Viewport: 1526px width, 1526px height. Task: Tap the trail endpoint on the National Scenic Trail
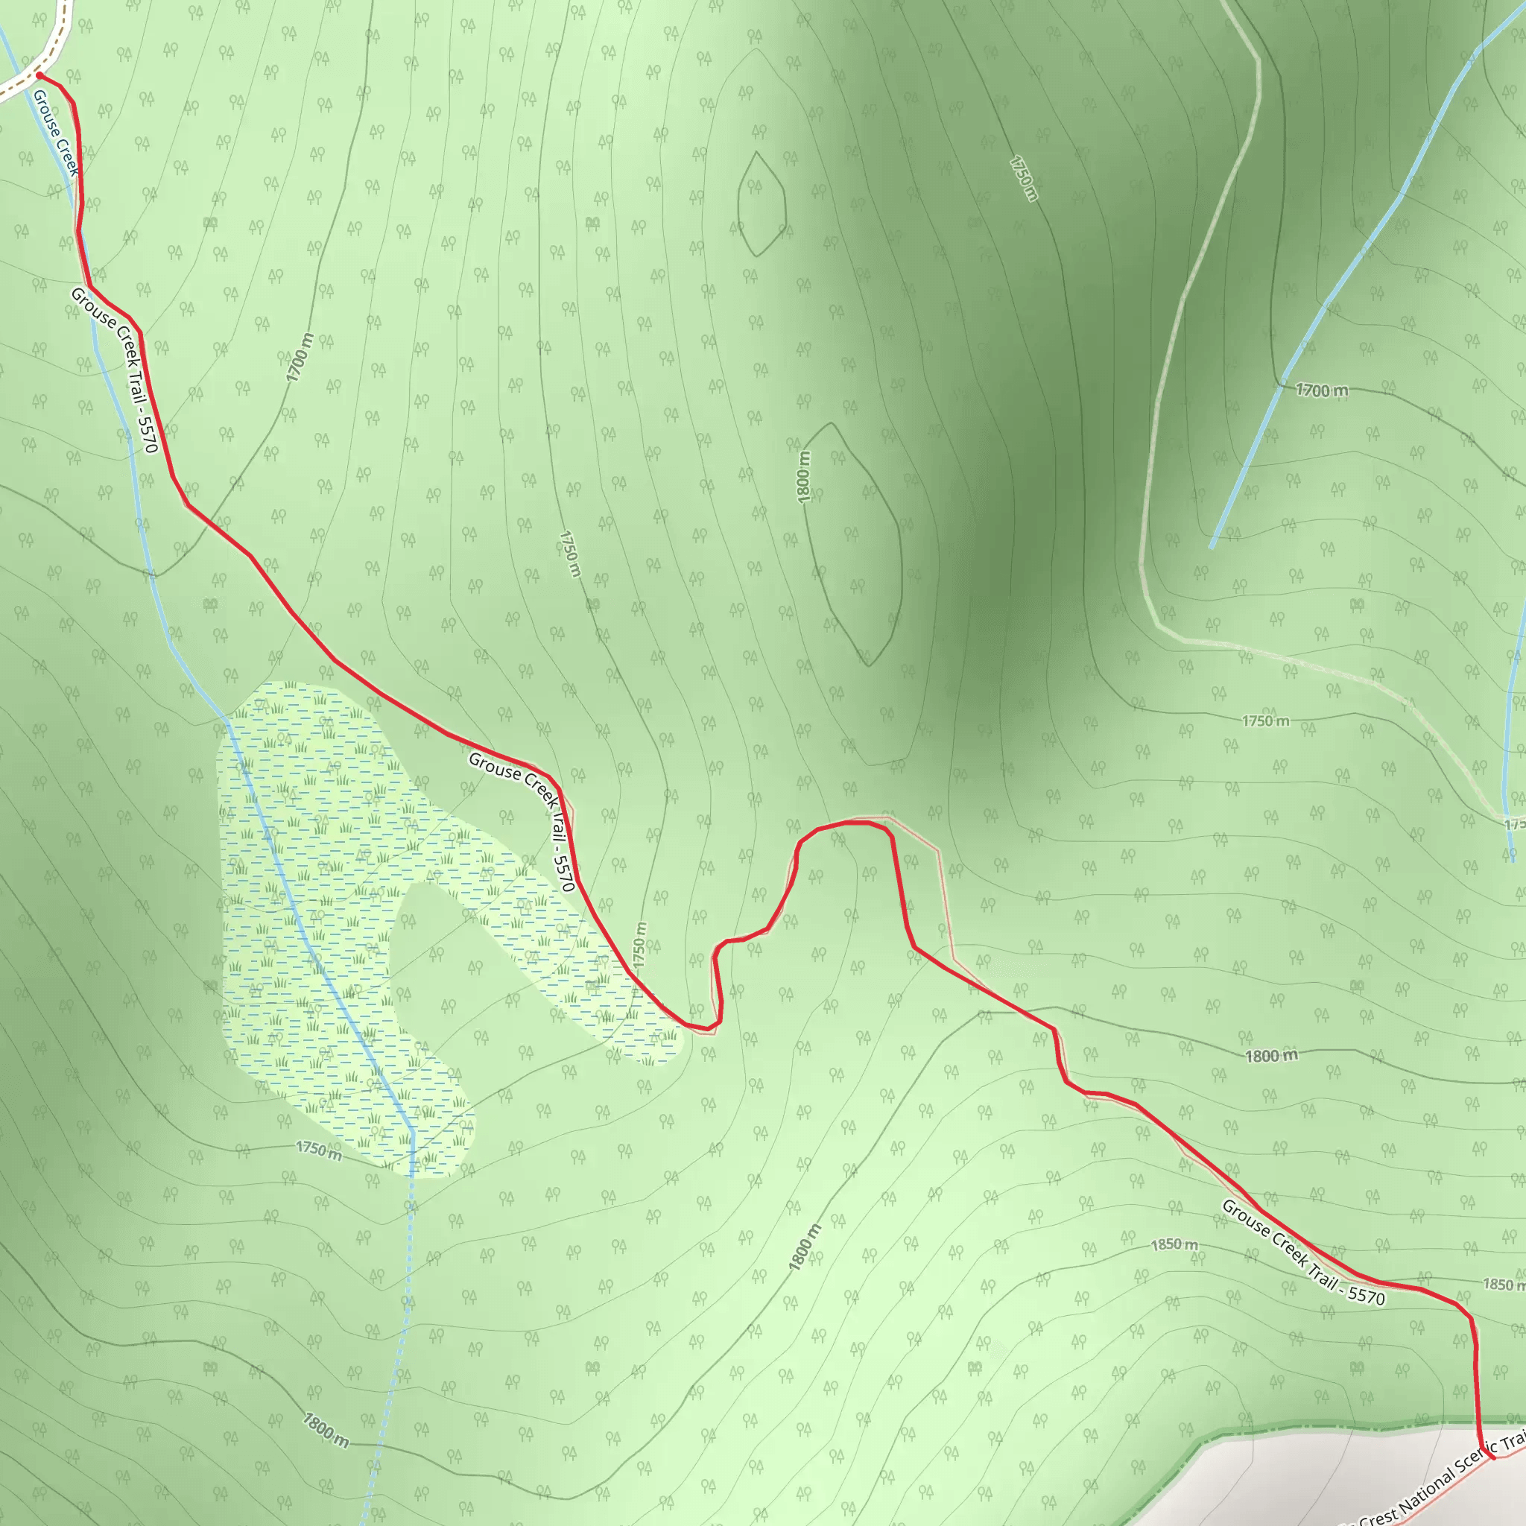click(x=1492, y=1478)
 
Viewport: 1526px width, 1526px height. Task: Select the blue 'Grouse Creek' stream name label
click(x=55, y=133)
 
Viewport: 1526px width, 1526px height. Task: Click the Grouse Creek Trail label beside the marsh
click(x=522, y=821)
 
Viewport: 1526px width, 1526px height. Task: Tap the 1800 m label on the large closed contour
click(x=803, y=477)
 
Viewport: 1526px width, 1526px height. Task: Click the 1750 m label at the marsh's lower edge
click(x=319, y=1150)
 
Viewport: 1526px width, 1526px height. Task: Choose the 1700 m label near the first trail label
click(x=300, y=358)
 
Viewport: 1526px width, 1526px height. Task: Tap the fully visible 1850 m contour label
click(x=1174, y=1245)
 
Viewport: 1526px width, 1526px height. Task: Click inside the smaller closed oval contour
click(x=761, y=203)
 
